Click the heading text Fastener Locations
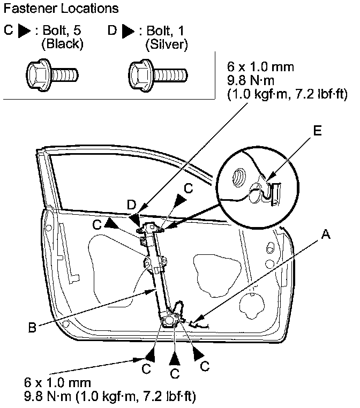coord(61,10)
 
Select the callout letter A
coord(325,233)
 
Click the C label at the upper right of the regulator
coord(188,188)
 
